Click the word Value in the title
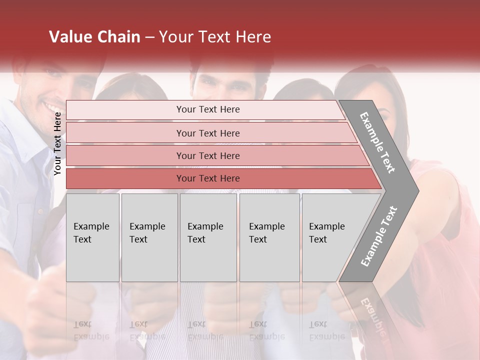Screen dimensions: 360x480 [x=69, y=37]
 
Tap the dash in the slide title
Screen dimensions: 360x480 [x=149, y=37]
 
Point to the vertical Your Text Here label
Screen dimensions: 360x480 [x=57, y=143]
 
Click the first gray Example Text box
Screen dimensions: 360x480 [x=92, y=237]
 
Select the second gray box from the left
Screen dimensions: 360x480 [x=149, y=237]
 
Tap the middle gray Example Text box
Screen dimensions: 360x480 [x=208, y=237]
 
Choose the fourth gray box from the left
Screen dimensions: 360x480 [x=269, y=237]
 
